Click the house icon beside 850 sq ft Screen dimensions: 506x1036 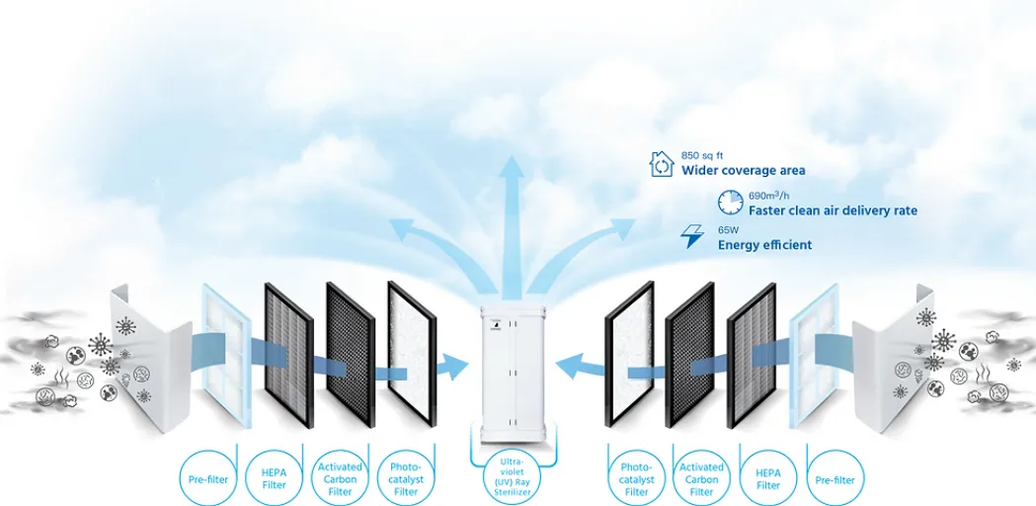click(661, 163)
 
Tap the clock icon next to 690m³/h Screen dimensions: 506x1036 click(731, 203)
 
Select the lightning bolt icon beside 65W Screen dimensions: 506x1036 click(691, 237)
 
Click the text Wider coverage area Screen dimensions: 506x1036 click(743, 171)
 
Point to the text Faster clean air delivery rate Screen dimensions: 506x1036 click(833, 211)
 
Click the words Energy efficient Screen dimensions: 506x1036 click(764, 245)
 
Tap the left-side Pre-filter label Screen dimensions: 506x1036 click(208, 479)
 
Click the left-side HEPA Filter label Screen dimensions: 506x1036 click(274, 478)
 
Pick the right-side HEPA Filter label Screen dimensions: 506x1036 click(767, 478)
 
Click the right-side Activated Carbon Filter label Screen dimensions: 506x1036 click(701, 478)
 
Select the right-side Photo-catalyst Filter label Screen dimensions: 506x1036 click(636, 478)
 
